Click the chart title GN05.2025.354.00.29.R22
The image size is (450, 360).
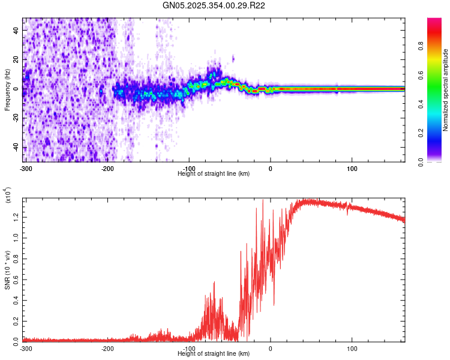[x=214, y=5]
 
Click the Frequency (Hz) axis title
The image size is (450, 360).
[x=7, y=91]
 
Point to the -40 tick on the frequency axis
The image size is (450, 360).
[x=16, y=148]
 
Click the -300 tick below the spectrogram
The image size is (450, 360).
[x=26, y=167]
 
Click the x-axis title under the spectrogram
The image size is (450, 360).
[x=214, y=173]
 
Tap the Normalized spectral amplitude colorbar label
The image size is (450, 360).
[x=446, y=91]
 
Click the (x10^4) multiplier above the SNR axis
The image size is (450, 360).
[x=8, y=195]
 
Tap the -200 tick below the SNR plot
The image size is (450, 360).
[x=107, y=349]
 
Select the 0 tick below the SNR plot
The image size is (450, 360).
[x=271, y=349]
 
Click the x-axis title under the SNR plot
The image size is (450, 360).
[x=214, y=354]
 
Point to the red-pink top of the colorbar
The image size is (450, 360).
[x=434, y=20]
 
